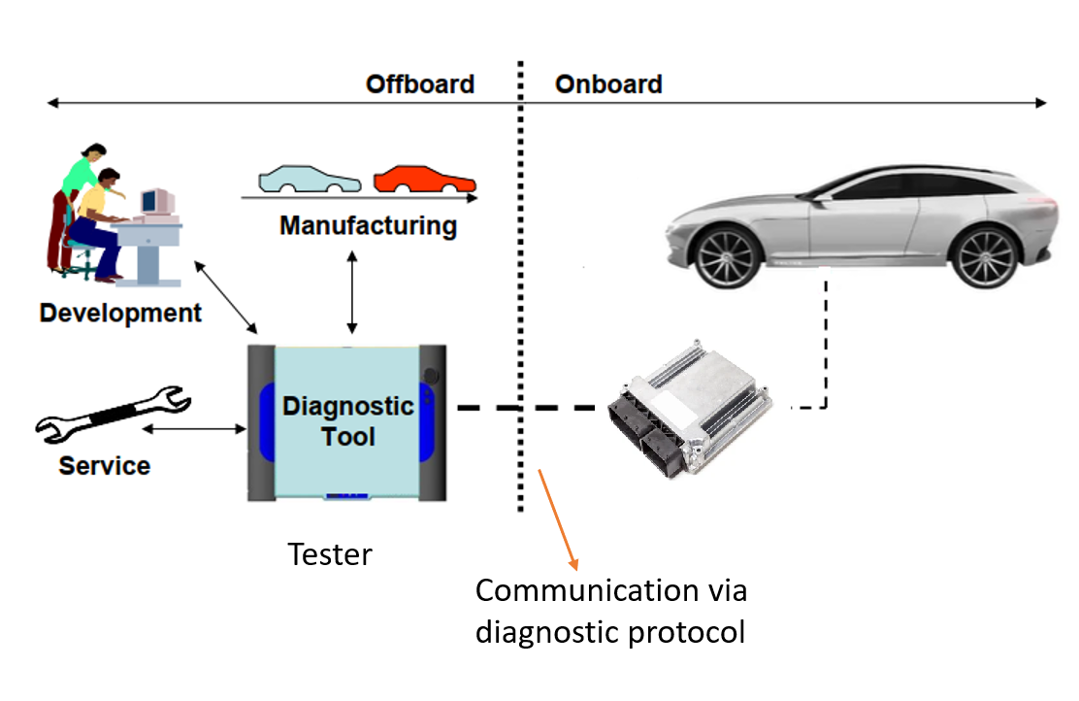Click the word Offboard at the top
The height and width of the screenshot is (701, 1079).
point(419,84)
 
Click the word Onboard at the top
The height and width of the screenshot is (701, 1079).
point(608,84)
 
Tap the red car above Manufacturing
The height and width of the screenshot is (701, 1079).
point(425,180)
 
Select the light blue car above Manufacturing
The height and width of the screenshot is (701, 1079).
point(309,181)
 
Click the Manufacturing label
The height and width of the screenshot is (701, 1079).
point(368,226)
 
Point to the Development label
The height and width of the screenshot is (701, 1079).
point(120,314)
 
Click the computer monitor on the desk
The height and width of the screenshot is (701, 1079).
point(156,201)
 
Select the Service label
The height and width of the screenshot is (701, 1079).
point(104,466)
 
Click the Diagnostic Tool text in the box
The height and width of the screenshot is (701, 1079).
point(348,420)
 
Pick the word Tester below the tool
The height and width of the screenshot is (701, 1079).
point(330,555)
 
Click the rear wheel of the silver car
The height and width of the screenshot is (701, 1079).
point(984,255)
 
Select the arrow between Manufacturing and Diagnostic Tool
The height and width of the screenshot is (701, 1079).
point(351,290)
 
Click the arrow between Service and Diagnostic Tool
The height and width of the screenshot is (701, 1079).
point(194,427)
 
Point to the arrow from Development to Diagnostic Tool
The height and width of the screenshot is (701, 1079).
point(225,298)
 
